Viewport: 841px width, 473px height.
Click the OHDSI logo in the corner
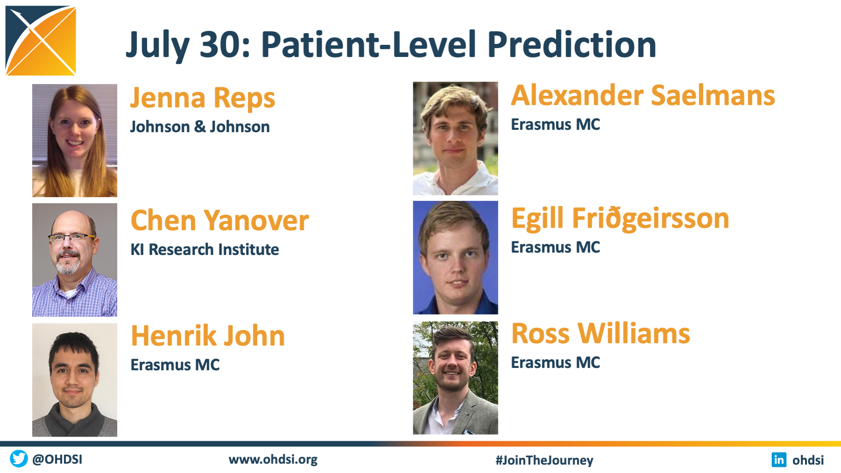[x=41, y=41]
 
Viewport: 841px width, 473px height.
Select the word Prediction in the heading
[x=572, y=44]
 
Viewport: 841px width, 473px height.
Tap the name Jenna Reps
[x=203, y=99]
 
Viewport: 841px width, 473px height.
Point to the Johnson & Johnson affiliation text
[x=200, y=127]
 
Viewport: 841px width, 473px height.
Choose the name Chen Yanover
[x=219, y=220]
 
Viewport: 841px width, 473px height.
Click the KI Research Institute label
[x=205, y=249]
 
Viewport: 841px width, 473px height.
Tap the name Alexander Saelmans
[x=643, y=95]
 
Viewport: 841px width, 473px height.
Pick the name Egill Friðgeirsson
[x=620, y=218]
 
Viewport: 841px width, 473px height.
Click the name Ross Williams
[x=601, y=333]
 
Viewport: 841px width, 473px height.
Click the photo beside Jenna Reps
[x=75, y=141]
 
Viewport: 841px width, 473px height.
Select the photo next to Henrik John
[x=75, y=380]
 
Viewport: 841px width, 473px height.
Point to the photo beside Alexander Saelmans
[x=455, y=138]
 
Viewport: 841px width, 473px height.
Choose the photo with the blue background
[x=455, y=257]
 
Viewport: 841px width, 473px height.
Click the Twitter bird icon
[x=19, y=459]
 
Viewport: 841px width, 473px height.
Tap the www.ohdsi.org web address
[x=273, y=459]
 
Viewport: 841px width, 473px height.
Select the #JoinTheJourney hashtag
[x=544, y=460]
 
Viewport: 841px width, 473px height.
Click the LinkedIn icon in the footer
[x=779, y=459]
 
